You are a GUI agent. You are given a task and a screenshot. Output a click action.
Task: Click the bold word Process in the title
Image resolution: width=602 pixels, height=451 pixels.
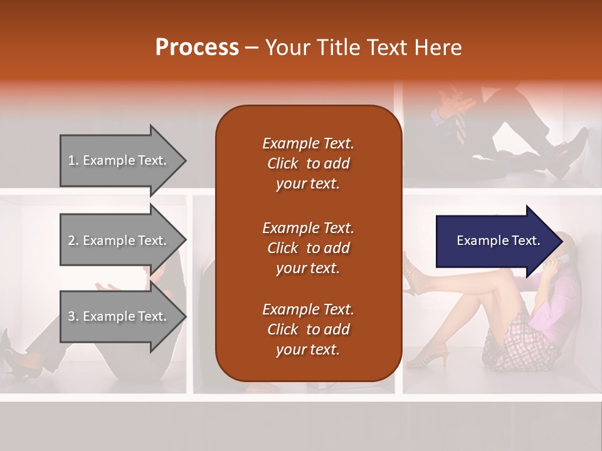pos(197,48)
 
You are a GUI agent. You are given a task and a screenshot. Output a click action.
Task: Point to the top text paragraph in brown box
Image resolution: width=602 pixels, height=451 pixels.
pos(308,163)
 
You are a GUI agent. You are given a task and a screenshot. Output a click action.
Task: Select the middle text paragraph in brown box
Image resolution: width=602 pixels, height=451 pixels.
pos(308,248)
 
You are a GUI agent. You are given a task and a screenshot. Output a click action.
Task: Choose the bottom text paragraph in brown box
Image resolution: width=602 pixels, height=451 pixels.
pos(308,329)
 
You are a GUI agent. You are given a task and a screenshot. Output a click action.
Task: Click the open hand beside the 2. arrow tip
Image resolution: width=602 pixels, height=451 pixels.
pos(108,286)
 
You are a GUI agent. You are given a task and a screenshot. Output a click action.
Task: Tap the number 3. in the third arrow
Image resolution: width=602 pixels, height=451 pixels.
pos(73,316)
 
